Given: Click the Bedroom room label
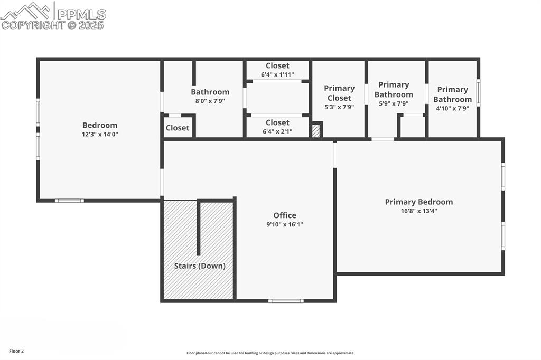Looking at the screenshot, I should coord(100,125).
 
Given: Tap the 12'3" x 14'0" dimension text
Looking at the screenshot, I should coord(100,134).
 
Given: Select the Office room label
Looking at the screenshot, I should coord(285,215).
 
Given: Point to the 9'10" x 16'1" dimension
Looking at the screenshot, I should coord(285,224).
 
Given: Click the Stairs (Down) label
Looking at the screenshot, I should coord(200,266).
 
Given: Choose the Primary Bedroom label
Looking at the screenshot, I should coord(419,202).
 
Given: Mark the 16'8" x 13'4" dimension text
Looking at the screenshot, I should coord(419,211).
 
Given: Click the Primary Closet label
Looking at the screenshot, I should coord(339,93).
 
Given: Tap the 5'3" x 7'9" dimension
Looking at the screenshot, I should coord(339,107).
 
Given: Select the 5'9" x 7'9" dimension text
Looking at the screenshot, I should coord(394,103).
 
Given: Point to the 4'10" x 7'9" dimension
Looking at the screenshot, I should coord(453,108).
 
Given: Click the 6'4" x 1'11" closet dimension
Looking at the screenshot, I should coord(277,74).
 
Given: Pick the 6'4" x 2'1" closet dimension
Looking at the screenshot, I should coord(277,131).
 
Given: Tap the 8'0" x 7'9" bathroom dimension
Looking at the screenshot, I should coord(210,101).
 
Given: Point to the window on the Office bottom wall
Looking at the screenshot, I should coord(286,301).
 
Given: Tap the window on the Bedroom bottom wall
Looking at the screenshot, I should coord(69,201).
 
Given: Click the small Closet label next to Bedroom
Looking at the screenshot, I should coord(178,128).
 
